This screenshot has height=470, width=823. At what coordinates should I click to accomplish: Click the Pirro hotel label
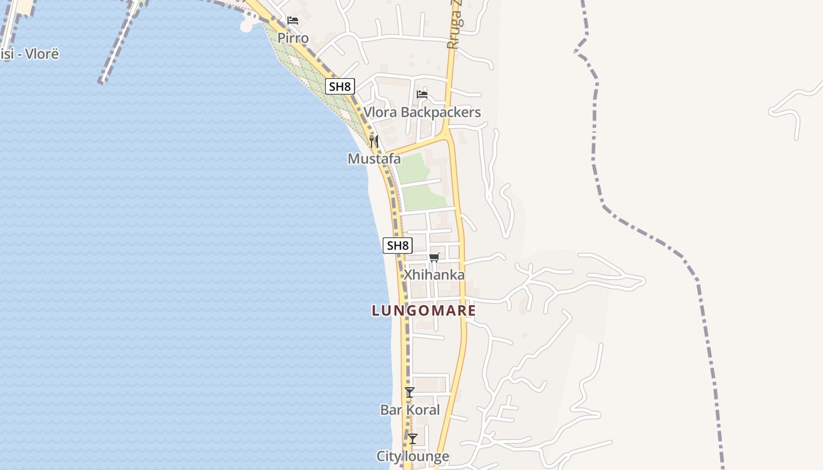(293, 38)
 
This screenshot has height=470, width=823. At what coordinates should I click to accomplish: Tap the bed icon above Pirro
(293, 21)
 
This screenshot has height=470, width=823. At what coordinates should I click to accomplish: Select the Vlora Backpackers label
(422, 112)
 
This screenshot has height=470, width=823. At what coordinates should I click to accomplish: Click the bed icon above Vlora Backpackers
(422, 95)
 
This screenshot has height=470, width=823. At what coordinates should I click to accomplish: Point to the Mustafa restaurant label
(374, 159)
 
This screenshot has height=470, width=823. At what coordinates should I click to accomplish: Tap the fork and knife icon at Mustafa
(374, 141)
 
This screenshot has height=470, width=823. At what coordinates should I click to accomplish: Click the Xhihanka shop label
(434, 274)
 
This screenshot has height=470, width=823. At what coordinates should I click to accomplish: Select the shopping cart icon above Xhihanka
(434, 257)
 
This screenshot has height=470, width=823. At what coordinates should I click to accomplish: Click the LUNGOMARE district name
(423, 310)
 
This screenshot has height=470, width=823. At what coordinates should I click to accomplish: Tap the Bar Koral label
(410, 409)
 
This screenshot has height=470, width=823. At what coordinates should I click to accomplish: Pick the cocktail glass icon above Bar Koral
(410, 392)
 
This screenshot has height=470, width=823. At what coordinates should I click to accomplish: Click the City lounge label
(413, 456)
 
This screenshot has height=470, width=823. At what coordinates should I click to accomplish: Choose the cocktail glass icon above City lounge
(413, 438)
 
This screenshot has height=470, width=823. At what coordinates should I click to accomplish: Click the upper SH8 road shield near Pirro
(340, 86)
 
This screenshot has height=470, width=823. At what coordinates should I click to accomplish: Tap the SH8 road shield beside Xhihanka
(397, 245)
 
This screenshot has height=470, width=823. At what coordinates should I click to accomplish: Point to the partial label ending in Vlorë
(29, 54)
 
